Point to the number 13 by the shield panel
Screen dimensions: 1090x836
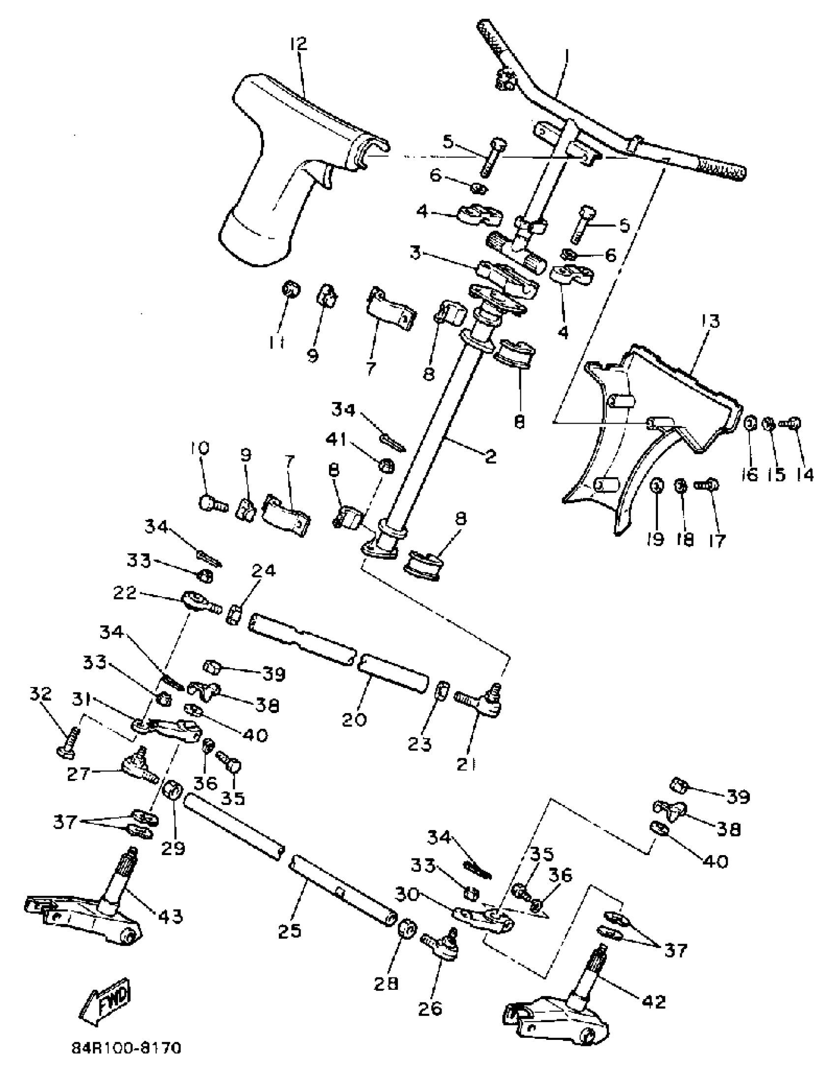coord(711,321)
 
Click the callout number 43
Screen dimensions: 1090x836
coord(170,916)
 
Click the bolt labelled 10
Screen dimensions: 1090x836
coord(211,503)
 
